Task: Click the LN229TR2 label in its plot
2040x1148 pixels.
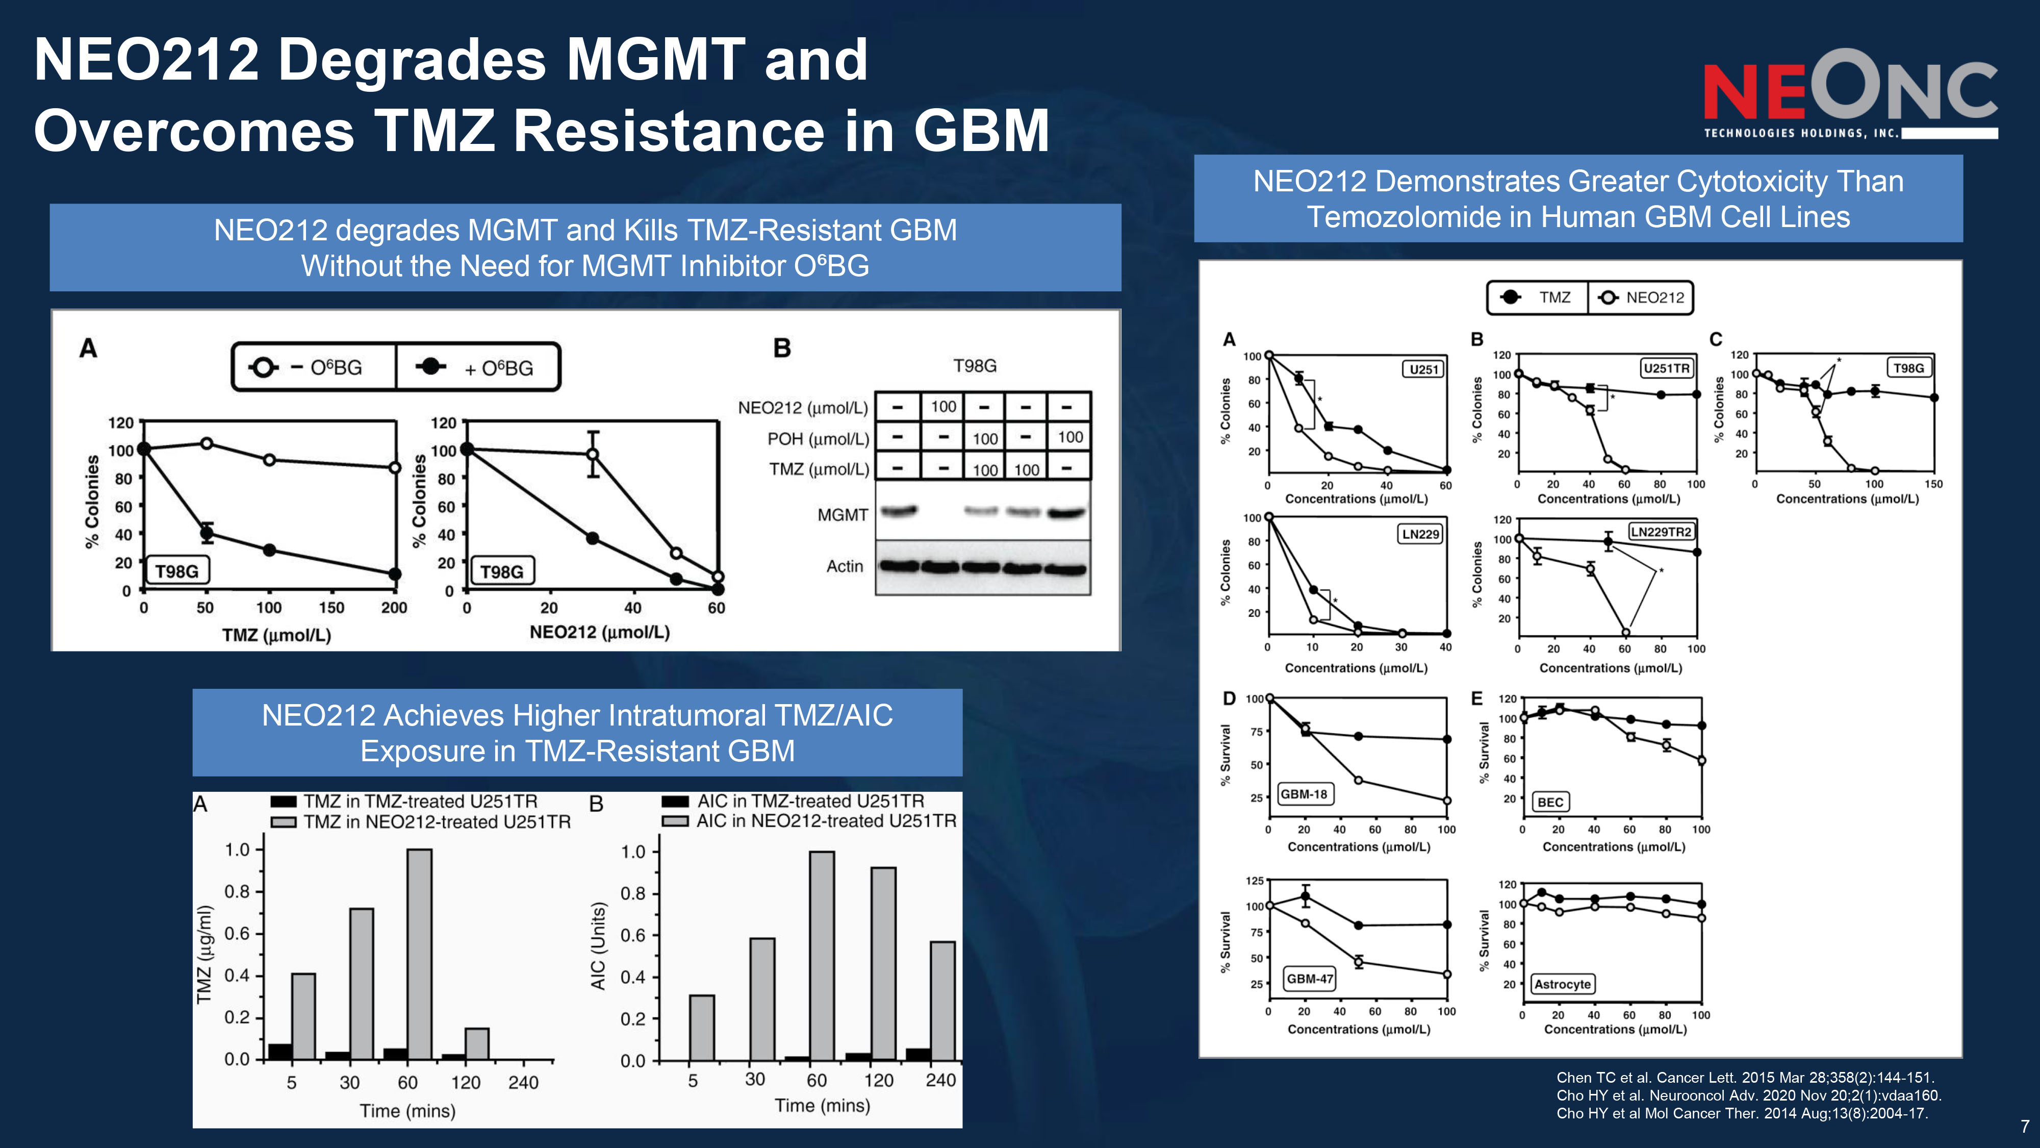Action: (1661, 532)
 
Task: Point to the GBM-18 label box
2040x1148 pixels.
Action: (1304, 794)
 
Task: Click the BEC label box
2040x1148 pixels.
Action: (1550, 802)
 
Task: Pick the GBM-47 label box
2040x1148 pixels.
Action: (1310, 979)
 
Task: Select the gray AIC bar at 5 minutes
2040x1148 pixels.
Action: (702, 1028)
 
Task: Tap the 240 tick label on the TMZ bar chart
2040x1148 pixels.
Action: (523, 1082)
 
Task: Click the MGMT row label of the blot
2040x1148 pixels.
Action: (843, 515)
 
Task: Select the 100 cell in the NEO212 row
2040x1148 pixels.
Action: (943, 407)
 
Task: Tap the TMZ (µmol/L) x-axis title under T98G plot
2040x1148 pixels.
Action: (276, 635)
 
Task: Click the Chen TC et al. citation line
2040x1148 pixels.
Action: (1745, 1078)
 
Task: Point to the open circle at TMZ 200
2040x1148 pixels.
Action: (394, 467)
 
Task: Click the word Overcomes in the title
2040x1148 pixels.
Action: (193, 131)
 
